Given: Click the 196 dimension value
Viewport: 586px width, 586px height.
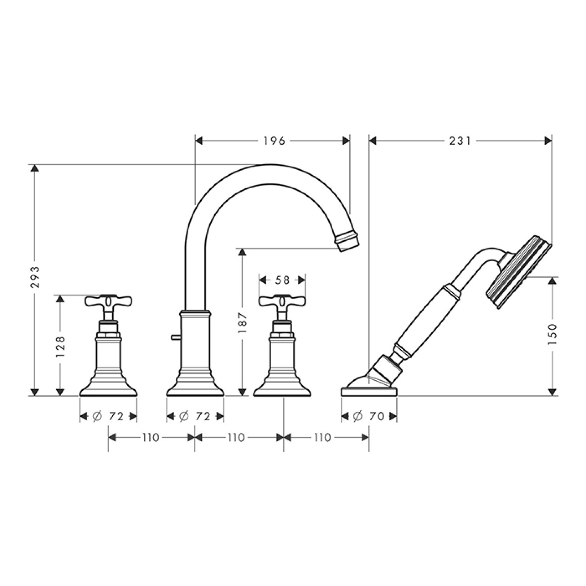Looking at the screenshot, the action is tap(274, 141).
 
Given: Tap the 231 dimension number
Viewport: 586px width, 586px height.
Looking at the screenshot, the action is tap(460, 141).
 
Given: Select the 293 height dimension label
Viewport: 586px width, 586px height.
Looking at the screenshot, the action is tap(35, 277).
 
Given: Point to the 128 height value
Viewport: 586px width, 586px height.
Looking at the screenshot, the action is tap(60, 346).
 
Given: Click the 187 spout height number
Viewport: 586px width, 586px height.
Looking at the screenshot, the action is tap(243, 322).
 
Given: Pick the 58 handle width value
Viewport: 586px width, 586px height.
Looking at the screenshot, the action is tap(282, 280).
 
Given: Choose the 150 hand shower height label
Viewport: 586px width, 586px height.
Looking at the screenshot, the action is tap(552, 334).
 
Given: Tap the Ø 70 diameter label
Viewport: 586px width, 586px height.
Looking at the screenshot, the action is tap(369, 416).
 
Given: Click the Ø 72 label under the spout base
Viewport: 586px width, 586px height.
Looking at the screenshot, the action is tap(195, 416).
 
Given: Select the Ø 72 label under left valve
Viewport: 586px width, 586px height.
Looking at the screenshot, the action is tap(108, 416).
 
